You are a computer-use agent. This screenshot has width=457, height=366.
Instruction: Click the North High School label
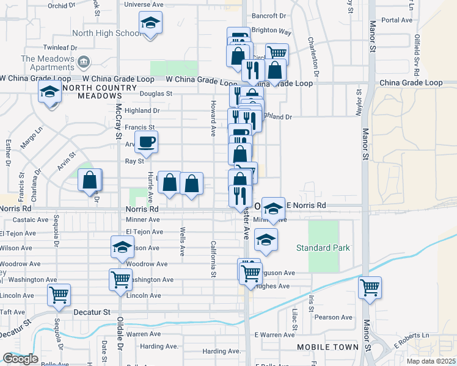coord(106,34)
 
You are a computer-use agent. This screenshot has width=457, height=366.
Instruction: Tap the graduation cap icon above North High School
coord(150,24)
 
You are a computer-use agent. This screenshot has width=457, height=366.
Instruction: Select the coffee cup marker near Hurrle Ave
coord(146,143)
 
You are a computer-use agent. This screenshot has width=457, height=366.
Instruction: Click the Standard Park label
coord(323,248)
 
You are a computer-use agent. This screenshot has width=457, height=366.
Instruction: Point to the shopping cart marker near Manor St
coord(370,288)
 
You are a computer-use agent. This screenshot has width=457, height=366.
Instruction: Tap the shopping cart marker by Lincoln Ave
coord(59,295)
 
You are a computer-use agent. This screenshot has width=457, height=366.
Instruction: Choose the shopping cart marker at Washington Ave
coord(120,280)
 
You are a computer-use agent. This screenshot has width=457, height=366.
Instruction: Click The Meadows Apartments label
coord(49,63)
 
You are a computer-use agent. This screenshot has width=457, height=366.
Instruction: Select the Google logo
coord(20,359)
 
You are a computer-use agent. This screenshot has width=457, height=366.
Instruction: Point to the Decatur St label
coord(92,312)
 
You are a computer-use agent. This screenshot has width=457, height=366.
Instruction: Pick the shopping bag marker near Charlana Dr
coord(90,181)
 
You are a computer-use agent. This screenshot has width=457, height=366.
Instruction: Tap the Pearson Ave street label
coord(334,317)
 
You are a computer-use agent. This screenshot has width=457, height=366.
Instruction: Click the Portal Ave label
coord(397,20)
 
